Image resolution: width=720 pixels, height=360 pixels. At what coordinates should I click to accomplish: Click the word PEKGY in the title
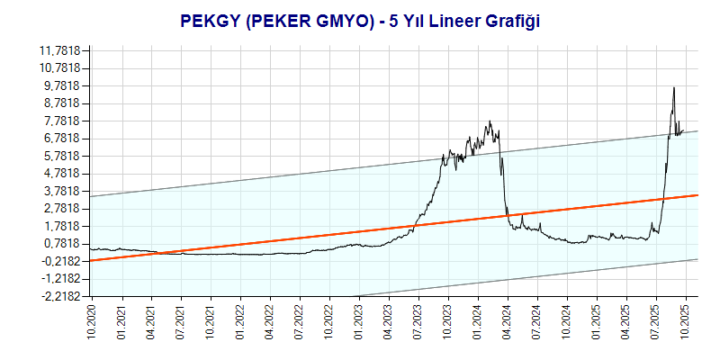210,20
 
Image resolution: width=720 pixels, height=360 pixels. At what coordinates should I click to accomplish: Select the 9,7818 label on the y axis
61,85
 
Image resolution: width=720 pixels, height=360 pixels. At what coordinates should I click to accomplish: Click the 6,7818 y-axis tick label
61,139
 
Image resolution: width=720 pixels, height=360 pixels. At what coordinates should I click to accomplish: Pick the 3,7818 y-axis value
61,191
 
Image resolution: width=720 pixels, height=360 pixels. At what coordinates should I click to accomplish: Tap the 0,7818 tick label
61,244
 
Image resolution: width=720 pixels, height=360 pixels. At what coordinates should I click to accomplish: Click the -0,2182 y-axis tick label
59,261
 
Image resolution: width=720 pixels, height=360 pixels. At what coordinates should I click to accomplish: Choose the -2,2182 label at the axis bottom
59,296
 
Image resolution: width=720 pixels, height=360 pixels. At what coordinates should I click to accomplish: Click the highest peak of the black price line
673,87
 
